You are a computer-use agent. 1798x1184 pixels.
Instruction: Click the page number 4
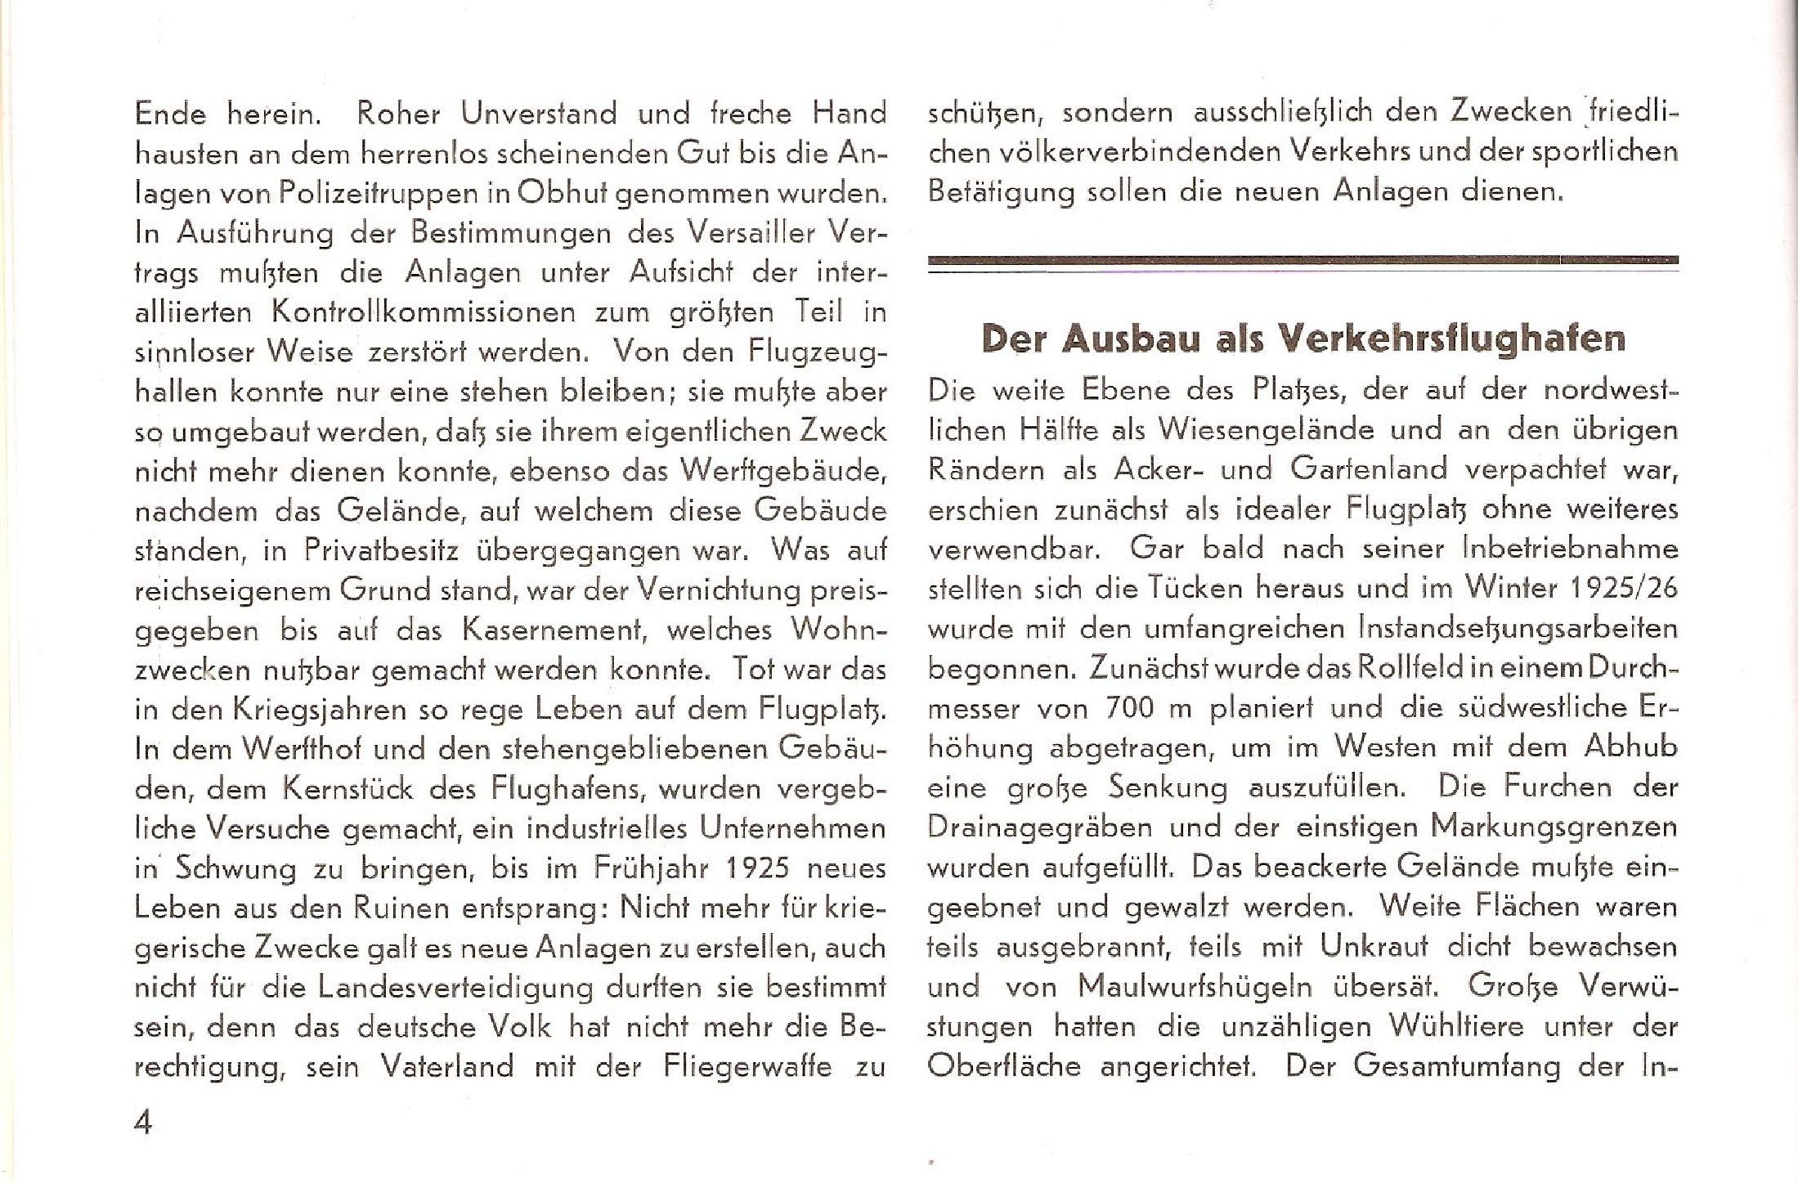(144, 1123)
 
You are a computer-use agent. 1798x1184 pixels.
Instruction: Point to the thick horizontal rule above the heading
(1303, 261)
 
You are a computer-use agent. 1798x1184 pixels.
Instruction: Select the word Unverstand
(539, 113)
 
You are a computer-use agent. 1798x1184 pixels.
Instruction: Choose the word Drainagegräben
(1039, 827)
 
